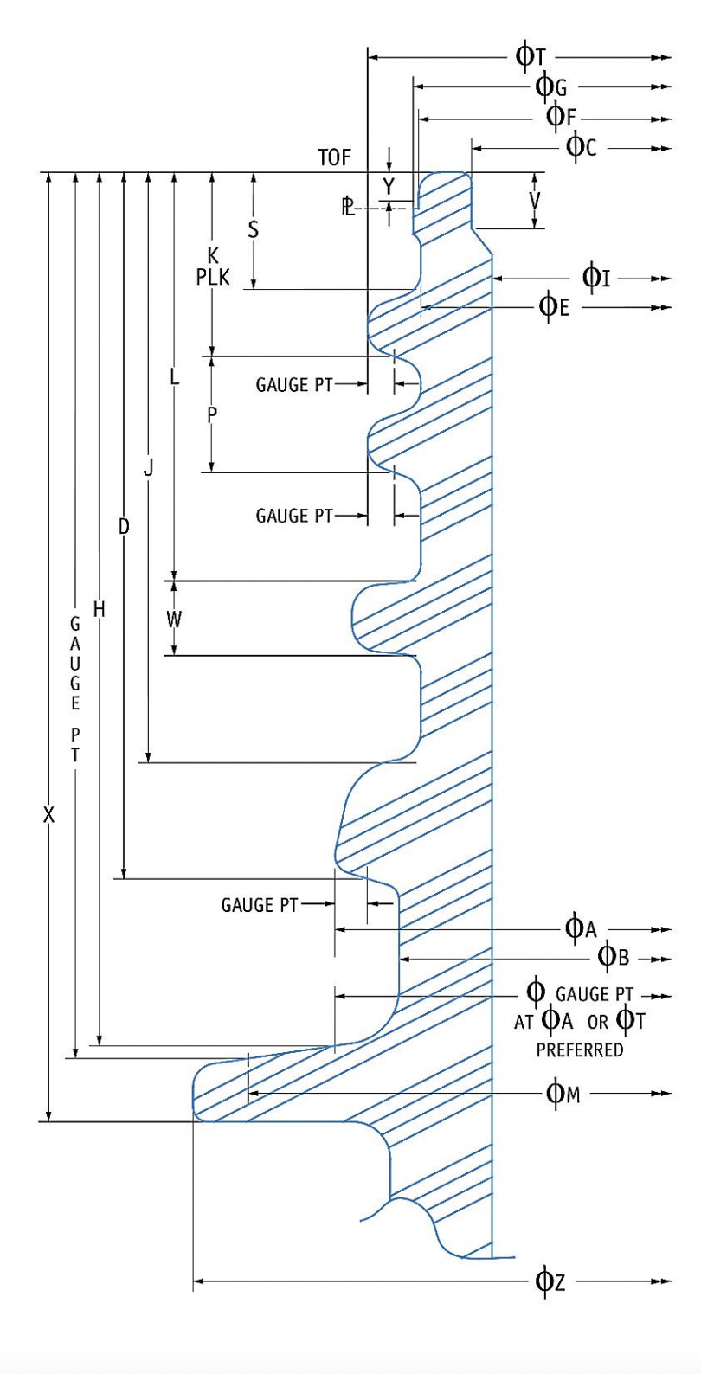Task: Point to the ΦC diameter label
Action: click(582, 147)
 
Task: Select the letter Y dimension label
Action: click(389, 186)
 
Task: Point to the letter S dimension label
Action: click(254, 229)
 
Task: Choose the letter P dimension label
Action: click(212, 414)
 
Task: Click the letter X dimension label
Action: click(49, 814)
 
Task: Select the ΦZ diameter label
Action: click(551, 1281)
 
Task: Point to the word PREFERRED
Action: click(579, 1051)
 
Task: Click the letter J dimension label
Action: click(149, 468)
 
